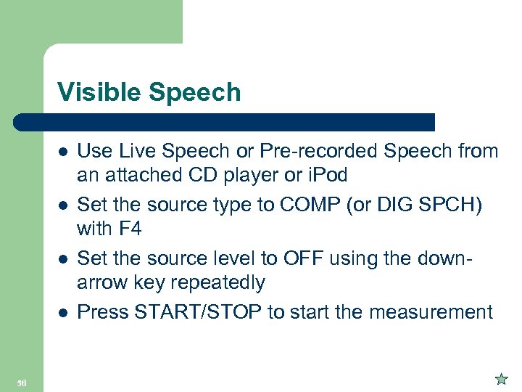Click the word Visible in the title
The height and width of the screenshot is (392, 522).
coord(96,92)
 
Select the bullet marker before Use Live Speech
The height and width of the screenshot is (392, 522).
coord(63,153)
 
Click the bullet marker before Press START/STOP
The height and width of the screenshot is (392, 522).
coord(63,313)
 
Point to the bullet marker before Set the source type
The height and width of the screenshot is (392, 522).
coord(63,206)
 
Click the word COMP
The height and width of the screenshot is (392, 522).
coord(323,204)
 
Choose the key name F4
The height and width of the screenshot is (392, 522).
coord(128,229)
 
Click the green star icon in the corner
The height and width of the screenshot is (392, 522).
coord(500,378)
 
